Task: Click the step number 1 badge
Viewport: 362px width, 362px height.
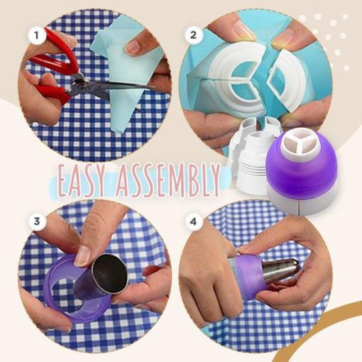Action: tap(33, 33)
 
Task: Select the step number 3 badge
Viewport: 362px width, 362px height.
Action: tap(33, 221)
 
